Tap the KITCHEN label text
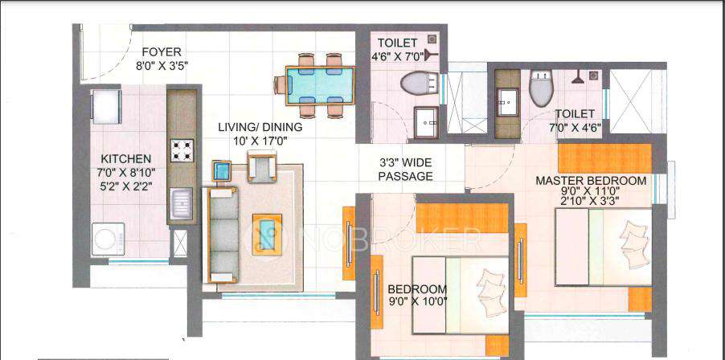(126, 159)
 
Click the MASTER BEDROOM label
(591, 181)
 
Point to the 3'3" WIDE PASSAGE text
(406, 170)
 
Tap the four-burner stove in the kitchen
(181, 149)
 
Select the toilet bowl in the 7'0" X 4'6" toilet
(540, 88)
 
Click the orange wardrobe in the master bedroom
(604, 158)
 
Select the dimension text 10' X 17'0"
(260, 140)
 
